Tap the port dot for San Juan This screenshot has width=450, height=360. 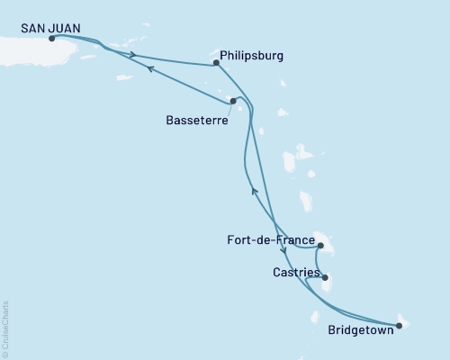point(51,39)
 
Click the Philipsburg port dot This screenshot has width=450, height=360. point(216,63)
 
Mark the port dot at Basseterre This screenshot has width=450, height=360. point(233,101)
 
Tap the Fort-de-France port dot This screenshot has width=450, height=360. point(319,243)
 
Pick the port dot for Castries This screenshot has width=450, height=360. point(325,278)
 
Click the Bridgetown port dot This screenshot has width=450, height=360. point(399,324)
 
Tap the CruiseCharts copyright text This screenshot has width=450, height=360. point(5,328)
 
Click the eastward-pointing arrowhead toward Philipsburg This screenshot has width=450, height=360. point(134,55)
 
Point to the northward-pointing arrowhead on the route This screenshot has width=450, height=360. point(255,190)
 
